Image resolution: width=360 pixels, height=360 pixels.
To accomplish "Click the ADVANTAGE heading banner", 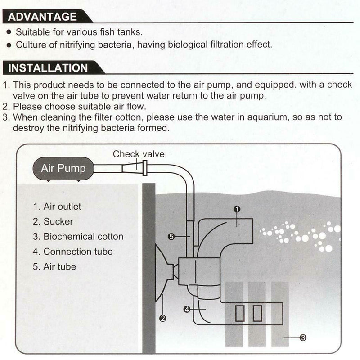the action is (46, 17).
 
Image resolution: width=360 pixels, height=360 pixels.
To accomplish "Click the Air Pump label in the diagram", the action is (63, 168).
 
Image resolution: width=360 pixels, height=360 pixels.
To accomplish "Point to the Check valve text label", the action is (139, 154).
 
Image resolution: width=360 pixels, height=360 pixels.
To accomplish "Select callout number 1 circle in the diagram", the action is (237, 209).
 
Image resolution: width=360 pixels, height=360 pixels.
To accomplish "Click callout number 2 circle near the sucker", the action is (163, 319).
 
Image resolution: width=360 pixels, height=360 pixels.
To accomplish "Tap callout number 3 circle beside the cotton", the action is (303, 337).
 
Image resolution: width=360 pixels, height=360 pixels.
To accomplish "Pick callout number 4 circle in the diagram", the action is (187, 309).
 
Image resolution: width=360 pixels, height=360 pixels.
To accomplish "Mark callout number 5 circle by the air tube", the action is (171, 237).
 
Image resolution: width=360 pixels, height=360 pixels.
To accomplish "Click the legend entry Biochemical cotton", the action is (78, 237).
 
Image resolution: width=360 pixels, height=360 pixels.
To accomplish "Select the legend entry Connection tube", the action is (73, 252).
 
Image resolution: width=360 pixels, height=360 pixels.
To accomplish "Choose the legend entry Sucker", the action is (53, 221).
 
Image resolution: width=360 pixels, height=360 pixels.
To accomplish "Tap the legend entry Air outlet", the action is (57, 207).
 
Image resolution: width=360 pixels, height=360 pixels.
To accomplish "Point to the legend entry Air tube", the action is (54, 266).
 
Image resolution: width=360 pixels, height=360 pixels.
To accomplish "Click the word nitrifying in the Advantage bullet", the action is (77, 45).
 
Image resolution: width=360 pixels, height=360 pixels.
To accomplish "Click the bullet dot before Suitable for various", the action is (9, 32).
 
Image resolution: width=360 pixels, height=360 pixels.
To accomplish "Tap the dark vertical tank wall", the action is (149, 268).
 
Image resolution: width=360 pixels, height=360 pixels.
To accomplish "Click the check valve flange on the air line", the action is (145, 168).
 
